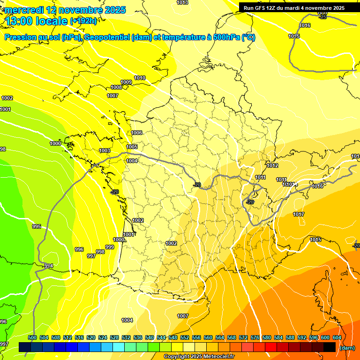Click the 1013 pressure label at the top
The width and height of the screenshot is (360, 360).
click(182, 3)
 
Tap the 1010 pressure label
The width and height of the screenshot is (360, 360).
click(140, 78)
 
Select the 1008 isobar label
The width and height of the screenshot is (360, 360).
click(116, 88)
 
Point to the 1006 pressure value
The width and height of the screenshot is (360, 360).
click(136, 133)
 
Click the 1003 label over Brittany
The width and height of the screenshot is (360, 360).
click(105, 151)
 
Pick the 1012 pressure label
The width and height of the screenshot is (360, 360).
click(272, 166)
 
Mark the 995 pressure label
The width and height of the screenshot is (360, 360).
click(37, 227)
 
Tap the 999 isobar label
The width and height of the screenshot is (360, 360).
click(110, 247)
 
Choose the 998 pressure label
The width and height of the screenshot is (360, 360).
click(100, 252)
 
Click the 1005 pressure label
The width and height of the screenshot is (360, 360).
click(132, 147)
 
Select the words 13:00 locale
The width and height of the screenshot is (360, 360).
click(36, 21)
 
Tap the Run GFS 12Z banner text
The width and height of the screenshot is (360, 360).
click(294, 8)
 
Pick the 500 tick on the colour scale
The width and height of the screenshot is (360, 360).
click(32, 337)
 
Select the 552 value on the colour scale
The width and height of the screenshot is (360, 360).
click(185, 337)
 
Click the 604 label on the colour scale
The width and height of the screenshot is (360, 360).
click(337, 337)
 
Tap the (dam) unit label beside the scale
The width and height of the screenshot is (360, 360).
click(347, 348)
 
